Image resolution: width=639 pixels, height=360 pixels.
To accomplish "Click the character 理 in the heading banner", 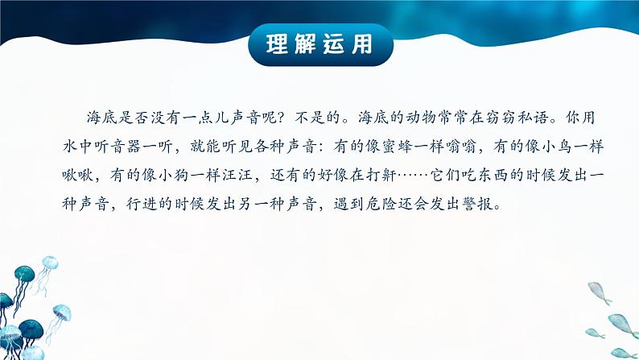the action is pyautogui.click(x=277, y=44).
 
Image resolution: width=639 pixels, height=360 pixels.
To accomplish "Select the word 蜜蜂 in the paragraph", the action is pyautogui.click(x=398, y=147).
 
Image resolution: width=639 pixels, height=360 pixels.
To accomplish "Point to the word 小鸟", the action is pyautogui.click(x=557, y=147).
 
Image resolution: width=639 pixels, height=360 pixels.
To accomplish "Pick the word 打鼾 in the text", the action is pyautogui.click(x=381, y=176).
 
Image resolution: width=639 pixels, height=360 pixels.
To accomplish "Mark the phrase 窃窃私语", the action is pyautogui.click(x=517, y=118).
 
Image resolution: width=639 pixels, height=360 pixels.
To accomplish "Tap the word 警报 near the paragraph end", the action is pyautogui.click(x=478, y=204).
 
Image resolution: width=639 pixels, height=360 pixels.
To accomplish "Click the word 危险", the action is pyautogui.click(x=381, y=204).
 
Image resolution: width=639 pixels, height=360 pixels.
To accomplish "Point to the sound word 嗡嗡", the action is pyautogui.click(x=461, y=147).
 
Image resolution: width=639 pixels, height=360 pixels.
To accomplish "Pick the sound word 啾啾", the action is pyautogui.click(x=78, y=176).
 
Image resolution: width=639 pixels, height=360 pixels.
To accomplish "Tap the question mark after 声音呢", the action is pyautogui.click(x=285, y=118).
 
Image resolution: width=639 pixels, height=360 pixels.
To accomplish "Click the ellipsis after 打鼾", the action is pyautogui.click(x=414, y=176).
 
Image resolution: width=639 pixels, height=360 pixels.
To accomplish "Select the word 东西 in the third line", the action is pyautogui.click(x=493, y=176).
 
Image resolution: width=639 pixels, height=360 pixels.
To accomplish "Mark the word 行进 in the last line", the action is pyautogui.click(x=142, y=204).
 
